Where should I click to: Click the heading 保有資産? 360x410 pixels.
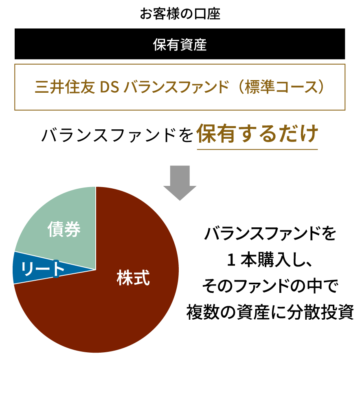[x=180, y=45]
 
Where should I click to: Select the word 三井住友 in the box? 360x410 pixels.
[x=65, y=87]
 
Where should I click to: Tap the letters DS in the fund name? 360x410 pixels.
[x=109, y=87]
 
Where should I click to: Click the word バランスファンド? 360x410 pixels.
[x=176, y=87]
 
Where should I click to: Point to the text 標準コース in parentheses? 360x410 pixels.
[x=281, y=87]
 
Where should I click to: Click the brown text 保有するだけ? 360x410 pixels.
[x=257, y=134]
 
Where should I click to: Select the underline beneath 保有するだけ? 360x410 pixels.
[x=257, y=149]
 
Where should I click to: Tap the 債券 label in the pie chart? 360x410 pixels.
[x=64, y=229]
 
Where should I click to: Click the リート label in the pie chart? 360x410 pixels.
[x=42, y=269]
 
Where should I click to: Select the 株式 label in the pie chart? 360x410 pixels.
[x=133, y=278]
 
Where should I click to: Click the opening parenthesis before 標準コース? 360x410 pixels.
[x=240, y=87]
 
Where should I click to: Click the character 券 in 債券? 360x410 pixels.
[x=72, y=229]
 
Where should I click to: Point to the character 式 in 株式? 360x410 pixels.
[x=142, y=278]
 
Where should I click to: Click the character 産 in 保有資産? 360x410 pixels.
[x=200, y=45]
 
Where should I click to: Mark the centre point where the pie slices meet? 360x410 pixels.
[x=96, y=269]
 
